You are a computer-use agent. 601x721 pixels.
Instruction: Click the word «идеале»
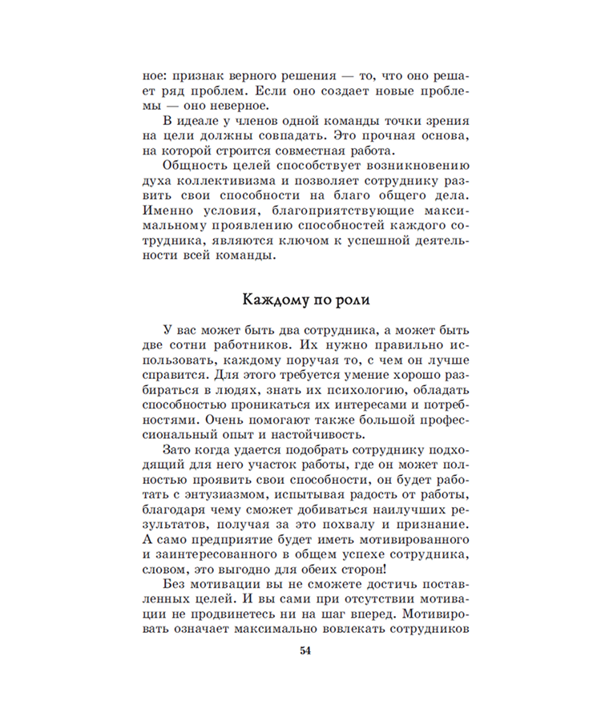(204, 120)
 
